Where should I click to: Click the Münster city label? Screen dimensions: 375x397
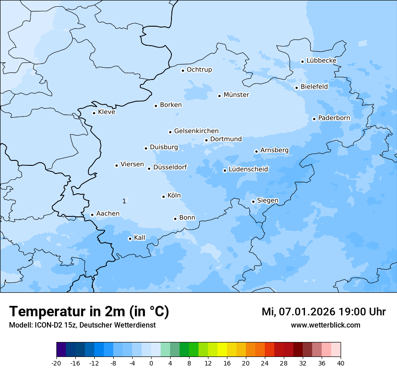coord(236,95)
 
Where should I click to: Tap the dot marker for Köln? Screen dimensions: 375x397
coord(163,197)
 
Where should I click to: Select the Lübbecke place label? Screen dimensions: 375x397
coord(321,61)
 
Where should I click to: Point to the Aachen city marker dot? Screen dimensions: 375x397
coord(92,215)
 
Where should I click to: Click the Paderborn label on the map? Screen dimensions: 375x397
coord(334,118)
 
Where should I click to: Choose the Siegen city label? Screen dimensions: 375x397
coord(268,201)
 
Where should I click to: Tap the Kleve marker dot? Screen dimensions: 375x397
coord(94,113)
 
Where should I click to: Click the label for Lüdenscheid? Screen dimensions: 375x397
coord(248,169)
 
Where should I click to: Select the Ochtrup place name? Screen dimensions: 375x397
coord(199,70)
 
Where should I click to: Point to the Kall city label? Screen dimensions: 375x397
coord(139,238)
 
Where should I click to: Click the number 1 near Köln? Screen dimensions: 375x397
coord(124,201)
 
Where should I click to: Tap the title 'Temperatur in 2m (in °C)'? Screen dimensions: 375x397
coord(89,312)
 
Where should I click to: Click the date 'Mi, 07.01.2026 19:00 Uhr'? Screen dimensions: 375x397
coord(323,312)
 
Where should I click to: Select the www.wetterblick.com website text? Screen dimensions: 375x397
coord(325,325)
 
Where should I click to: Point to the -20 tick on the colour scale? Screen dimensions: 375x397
coord(56,363)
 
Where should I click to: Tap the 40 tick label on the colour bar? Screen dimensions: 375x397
coord(341,363)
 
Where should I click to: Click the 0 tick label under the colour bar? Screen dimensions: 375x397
coord(151,363)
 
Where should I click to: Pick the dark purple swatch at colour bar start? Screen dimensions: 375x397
coord(61,350)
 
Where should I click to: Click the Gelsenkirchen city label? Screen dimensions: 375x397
coord(196,131)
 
